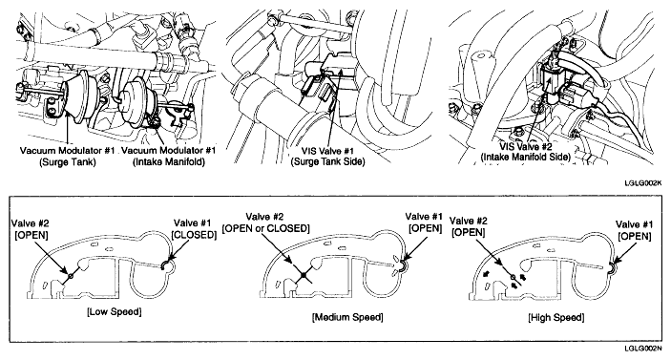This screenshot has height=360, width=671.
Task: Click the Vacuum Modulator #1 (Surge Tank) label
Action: pyautogui.click(x=67, y=157)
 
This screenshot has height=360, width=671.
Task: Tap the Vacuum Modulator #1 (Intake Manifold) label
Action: pyautogui.click(x=169, y=157)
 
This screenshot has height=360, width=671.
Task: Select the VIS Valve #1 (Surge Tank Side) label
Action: pyautogui.click(x=327, y=157)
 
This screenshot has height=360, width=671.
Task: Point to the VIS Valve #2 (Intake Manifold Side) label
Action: pyautogui.click(x=526, y=152)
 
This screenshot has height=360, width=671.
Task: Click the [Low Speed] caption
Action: pyautogui.click(x=115, y=311)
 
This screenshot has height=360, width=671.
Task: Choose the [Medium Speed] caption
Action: pyautogui.click(x=347, y=317)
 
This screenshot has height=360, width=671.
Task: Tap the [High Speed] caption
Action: pyautogui.click(x=556, y=317)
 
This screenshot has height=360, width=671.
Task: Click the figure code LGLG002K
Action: pyautogui.click(x=642, y=182)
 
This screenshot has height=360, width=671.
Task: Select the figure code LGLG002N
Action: pyautogui.click(x=642, y=349)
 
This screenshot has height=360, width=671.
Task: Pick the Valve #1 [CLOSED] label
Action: pyautogui.click(x=194, y=229)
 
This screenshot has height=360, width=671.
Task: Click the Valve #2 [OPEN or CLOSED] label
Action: pyautogui.click(x=265, y=222)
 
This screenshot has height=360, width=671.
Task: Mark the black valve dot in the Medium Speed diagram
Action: pyautogui.click(x=303, y=276)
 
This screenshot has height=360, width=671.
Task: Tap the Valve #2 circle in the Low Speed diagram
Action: pyautogui.click(x=71, y=274)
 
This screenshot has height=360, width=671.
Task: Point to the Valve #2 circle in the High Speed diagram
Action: pyautogui.click(x=514, y=277)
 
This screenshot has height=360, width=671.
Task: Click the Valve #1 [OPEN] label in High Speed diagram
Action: pyautogui.click(x=634, y=230)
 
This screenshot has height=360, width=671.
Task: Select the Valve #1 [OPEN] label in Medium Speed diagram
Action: pyautogui.click(x=424, y=222)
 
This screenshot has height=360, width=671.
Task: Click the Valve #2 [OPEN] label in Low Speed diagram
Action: pyautogui.click(x=30, y=229)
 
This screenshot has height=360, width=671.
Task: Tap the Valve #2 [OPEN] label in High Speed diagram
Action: pyautogui.click(x=468, y=226)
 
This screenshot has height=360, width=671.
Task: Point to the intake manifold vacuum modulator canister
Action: pyautogui.click(x=134, y=101)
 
